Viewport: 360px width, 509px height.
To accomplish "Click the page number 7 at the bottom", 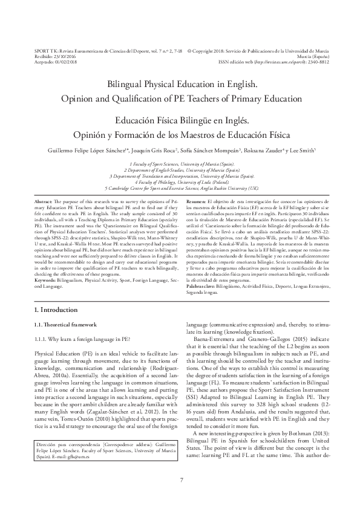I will [x=181, y=481].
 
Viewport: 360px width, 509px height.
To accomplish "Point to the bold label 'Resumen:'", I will [x=196, y=201].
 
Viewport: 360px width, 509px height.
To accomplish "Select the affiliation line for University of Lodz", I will [x=180, y=181].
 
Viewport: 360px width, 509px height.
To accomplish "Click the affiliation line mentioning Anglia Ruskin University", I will [x=180, y=187].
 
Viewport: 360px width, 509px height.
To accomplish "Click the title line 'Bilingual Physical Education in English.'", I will [x=180, y=86].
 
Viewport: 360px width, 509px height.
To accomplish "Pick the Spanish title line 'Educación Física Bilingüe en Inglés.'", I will [x=180, y=121].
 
